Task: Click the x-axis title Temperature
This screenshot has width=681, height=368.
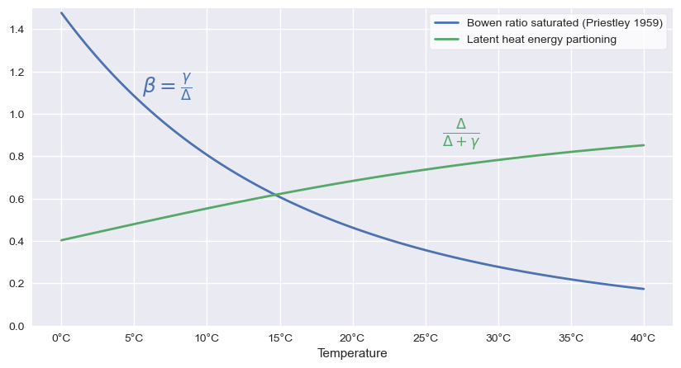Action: pyautogui.click(x=352, y=353)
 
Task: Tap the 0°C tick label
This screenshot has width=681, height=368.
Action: pyautogui.click(x=61, y=337)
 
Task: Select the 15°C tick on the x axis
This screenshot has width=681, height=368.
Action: pyautogui.click(x=279, y=337)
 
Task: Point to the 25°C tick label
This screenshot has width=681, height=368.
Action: pyautogui.click(x=426, y=337)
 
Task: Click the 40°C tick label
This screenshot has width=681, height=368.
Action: pyautogui.click(x=643, y=337)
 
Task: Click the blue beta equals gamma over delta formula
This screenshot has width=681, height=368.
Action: pyautogui.click(x=168, y=85)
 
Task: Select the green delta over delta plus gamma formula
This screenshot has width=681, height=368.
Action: pyautogui.click(x=460, y=133)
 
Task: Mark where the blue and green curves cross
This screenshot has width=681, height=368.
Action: pyautogui.click(x=275, y=195)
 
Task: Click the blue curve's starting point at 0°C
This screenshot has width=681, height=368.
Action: pyautogui.click(x=61, y=13)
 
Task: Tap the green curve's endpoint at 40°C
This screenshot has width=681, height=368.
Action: pyautogui.click(x=643, y=145)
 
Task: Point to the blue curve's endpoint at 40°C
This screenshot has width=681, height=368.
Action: pyautogui.click(x=643, y=289)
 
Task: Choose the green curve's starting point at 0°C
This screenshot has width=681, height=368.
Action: pyautogui.click(x=61, y=240)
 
